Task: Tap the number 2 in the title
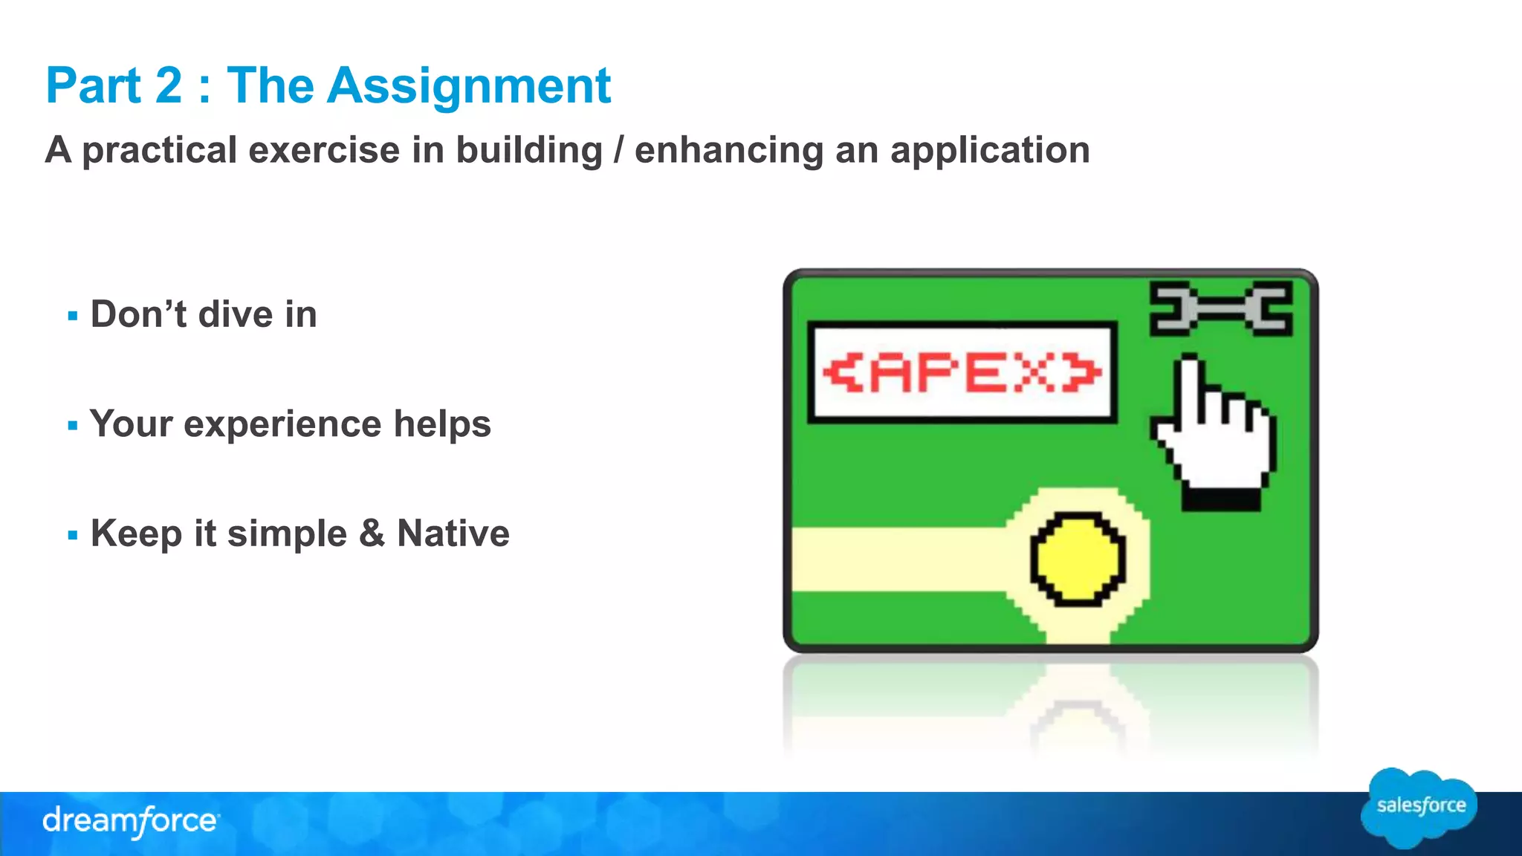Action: pos(169,86)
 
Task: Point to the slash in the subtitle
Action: pos(618,150)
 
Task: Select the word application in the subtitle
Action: pos(990,151)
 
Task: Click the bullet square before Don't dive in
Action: pos(73,316)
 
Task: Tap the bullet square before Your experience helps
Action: pos(73,426)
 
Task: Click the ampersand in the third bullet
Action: pos(372,534)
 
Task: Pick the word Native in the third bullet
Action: pos(453,534)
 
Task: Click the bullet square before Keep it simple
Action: pos(73,535)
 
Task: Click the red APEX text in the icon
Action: pos(962,372)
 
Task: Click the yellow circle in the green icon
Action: pos(1077,558)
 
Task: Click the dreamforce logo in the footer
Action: pos(130,822)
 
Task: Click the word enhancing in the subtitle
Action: pos(728,151)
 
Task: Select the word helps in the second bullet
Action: pos(442,424)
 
